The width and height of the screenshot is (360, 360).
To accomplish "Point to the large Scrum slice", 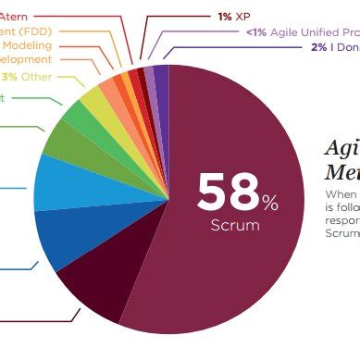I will [x=231, y=278].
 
